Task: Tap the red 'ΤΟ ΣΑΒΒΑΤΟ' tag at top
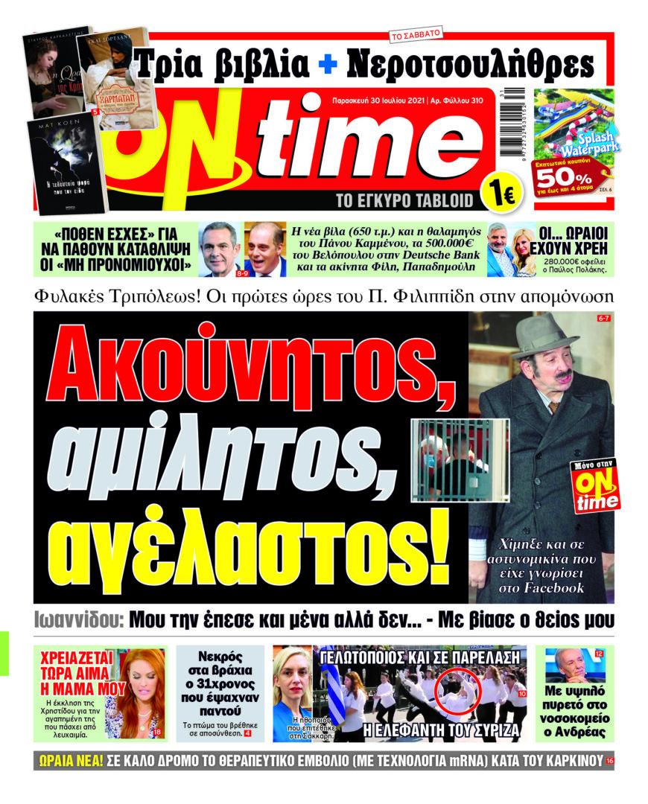(415, 34)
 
